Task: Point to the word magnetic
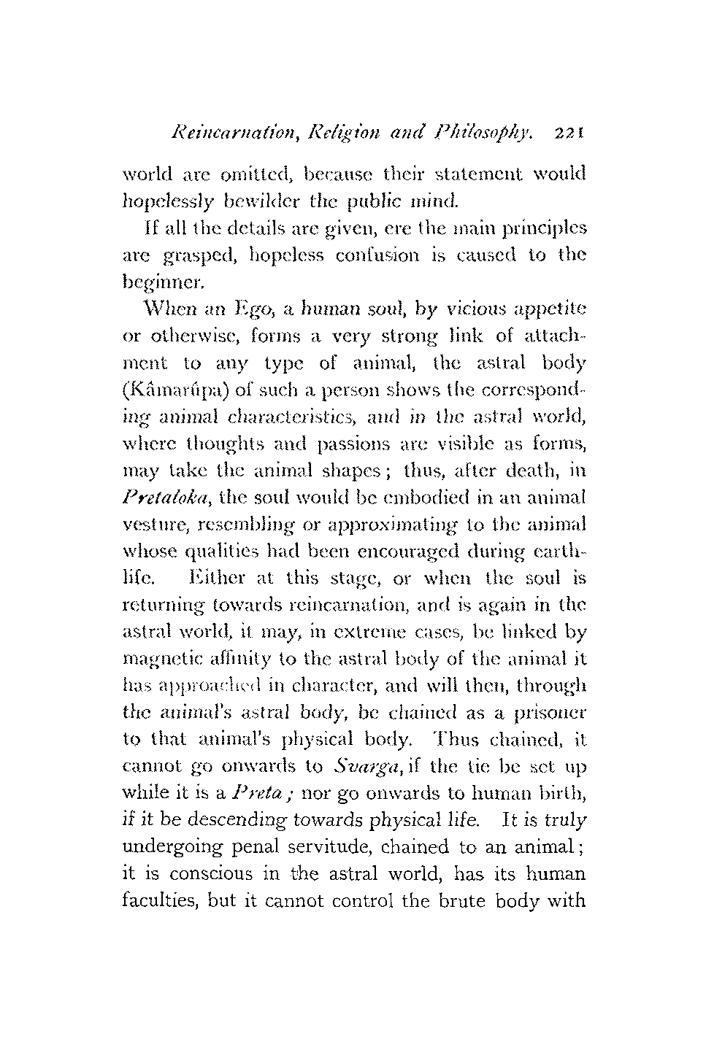(156, 660)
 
